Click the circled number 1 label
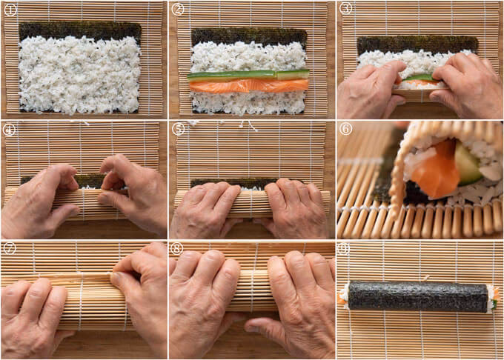pos(10,10)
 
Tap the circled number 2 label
pos(178,10)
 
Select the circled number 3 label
pos(346,9)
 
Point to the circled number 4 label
pos(8,130)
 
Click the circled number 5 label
pos(178,129)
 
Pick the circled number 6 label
pos(346,129)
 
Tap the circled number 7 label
pos(10,248)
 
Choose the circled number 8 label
pos(177,248)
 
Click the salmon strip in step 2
pos(249,86)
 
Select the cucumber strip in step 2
pos(248,75)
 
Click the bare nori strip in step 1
pos(80,30)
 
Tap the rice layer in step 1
pos(79,75)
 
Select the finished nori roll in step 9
pos(418,296)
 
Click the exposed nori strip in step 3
pos(417,44)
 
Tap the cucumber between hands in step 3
pos(418,77)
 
